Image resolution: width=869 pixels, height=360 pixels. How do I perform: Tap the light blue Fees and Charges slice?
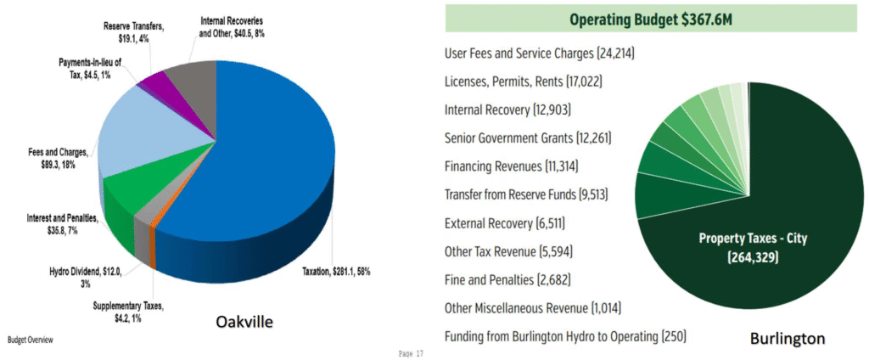136,136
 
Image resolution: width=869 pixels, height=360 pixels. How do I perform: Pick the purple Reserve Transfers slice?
155,83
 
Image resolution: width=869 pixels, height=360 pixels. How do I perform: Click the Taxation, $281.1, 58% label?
335,272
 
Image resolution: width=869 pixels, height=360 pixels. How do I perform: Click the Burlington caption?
788,339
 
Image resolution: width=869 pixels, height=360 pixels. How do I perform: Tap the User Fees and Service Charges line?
540,53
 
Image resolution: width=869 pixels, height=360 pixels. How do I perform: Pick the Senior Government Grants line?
528,138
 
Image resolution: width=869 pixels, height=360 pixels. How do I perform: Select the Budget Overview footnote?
31,340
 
